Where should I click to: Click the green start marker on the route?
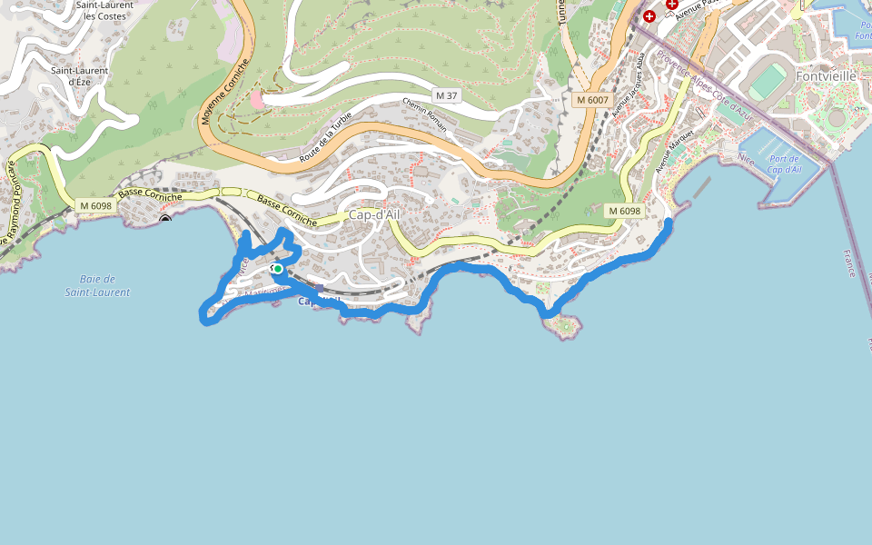tap(276, 268)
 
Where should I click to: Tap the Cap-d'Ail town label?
tap(373, 215)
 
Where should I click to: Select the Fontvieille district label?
tap(826, 76)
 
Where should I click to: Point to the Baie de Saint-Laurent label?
tap(97, 285)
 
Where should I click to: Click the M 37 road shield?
tap(445, 95)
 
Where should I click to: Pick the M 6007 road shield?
tap(591, 99)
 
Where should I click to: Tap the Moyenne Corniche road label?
tap(217, 91)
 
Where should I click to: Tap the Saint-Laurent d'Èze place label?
tap(79, 75)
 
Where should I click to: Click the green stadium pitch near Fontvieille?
tap(768, 82)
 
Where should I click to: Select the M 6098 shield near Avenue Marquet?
tap(624, 211)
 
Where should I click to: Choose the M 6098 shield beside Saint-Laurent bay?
tap(95, 205)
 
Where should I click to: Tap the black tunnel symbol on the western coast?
tap(165, 219)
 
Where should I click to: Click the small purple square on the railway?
tap(319, 288)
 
